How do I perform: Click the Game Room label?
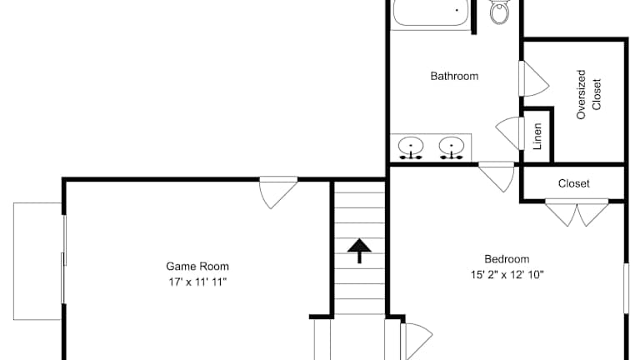click(x=197, y=267)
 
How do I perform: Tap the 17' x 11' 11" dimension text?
click(x=197, y=282)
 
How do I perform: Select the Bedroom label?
click(x=507, y=259)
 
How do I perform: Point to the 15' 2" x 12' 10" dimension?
click(x=507, y=275)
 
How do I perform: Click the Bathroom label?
click(x=454, y=77)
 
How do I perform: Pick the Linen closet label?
click(x=537, y=137)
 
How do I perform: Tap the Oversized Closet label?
click(x=588, y=94)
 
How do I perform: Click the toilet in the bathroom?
click(x=500, y=11)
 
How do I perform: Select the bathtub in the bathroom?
click(x=431, y=13)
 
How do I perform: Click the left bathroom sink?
click(x=411, y=147)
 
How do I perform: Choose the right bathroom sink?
click(x=452, y=147)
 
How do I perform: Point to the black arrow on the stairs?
click(x=359, y=251)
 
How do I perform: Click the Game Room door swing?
click(x=278, y=192)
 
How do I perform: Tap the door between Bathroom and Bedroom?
click(x=497, y=177)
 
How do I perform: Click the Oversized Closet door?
click(x=533, y=79)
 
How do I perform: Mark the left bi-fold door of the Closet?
click(x=561, y=212)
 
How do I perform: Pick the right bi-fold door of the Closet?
click(x=592, y=212)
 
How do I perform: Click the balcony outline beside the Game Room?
click(x=13, y=261)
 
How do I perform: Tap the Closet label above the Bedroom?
click(x=574, y=183)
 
